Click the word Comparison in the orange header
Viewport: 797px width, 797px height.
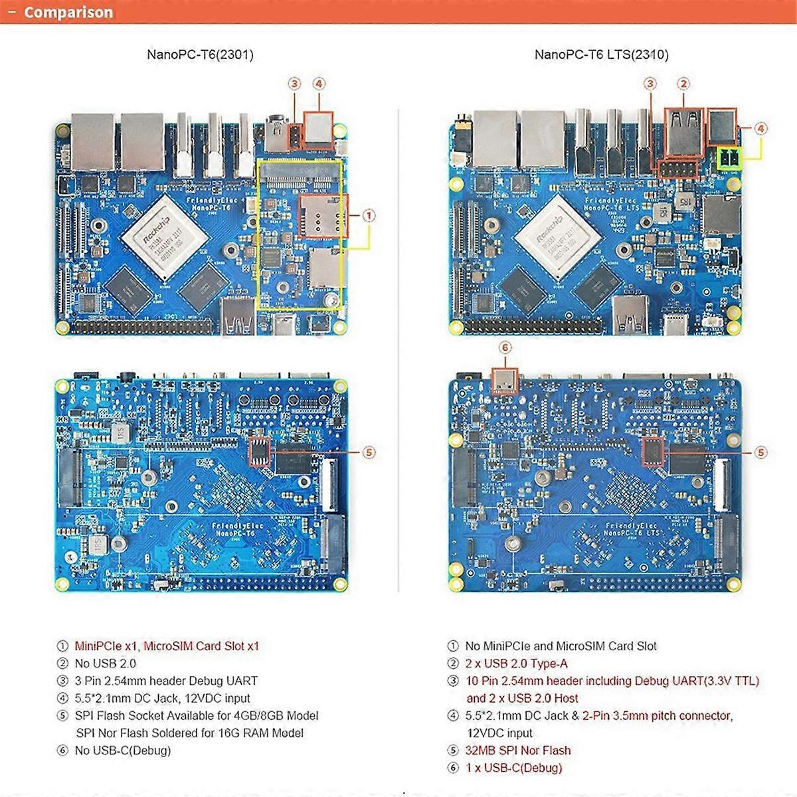pos(68,13)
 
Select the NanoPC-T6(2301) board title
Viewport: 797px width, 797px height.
pos(200,54)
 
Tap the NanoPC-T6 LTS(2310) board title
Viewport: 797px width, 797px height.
pos(601,54)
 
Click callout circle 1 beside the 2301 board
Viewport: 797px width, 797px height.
pos(369,215)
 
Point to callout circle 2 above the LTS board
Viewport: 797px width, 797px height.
pos(683,84)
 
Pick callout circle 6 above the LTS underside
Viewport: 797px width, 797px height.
pos(505,347)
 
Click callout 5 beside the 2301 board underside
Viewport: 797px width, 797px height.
pos(369,452)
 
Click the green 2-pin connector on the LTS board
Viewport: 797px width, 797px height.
pos(730,159)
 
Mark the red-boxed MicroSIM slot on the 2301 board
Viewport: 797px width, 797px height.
pos(323,216)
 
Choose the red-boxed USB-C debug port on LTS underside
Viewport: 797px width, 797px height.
pos(505,381)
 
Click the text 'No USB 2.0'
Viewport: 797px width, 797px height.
pos(105,663)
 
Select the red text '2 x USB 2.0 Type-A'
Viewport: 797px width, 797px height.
pos(516,663)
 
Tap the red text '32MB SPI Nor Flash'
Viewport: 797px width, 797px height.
pos(518,750)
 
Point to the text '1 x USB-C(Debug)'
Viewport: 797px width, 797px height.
pos(513,768)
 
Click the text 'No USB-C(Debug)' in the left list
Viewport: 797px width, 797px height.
pos(122,750)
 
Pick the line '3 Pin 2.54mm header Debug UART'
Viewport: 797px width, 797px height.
pos(165,681)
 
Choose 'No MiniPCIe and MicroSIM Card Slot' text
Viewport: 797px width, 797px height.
pos(561,646)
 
